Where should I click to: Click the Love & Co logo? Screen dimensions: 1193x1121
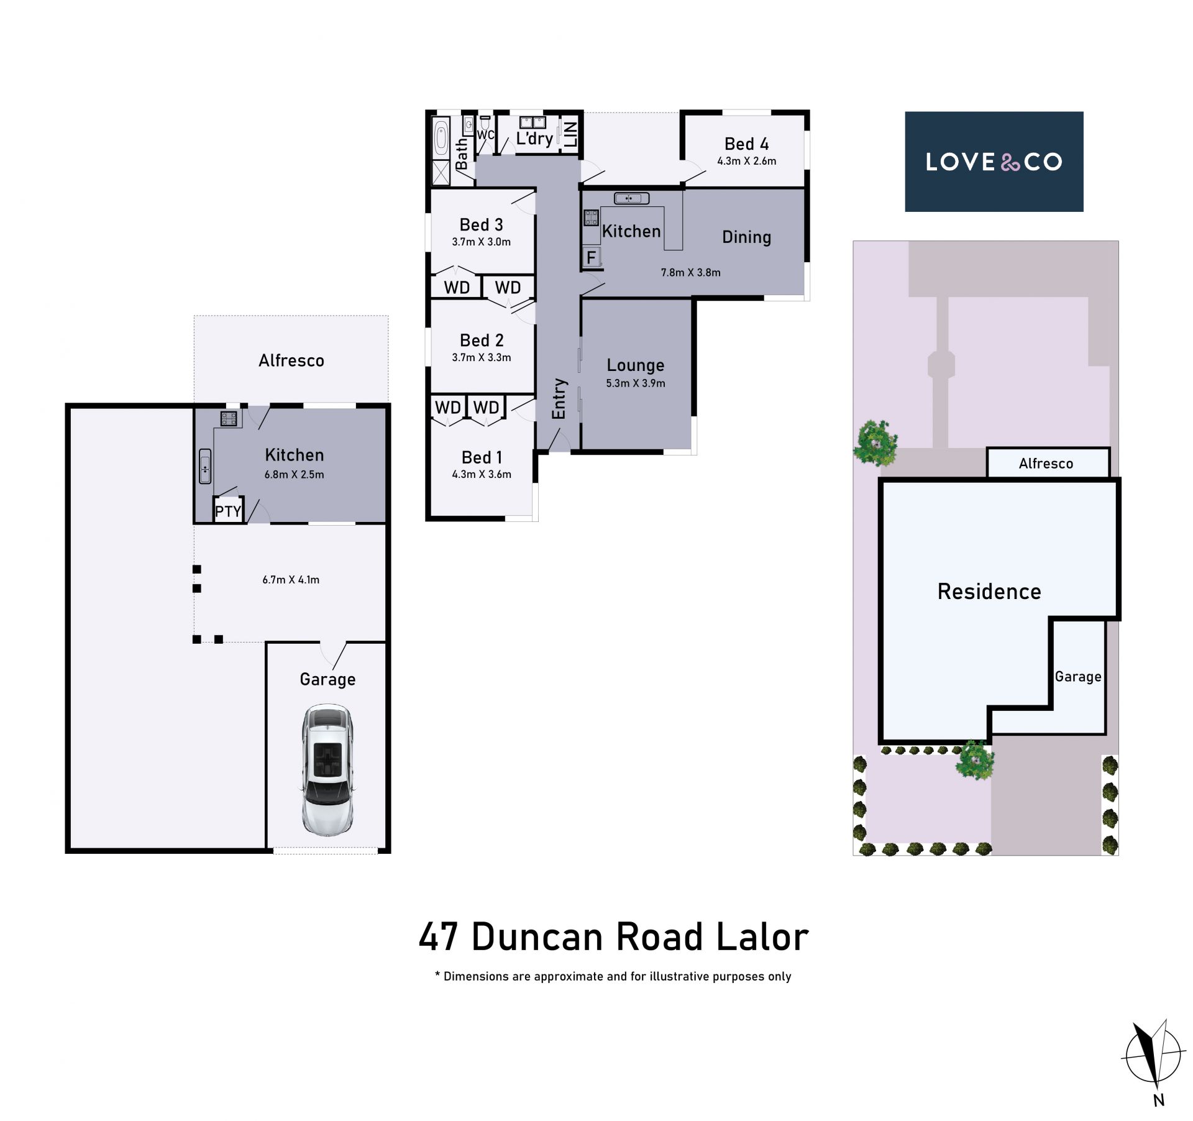click(x=994, y=162)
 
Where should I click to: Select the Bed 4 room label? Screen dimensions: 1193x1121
click(x=746, y=144)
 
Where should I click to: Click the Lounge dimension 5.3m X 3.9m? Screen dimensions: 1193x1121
click(x=636, y=383)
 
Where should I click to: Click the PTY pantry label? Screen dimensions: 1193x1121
click(x=227, y=511)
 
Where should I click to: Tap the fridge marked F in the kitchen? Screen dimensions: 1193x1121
click(x=592, y=257)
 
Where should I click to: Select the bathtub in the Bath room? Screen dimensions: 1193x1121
click(x=441, y=138)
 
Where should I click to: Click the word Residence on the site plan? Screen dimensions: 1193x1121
click(x=989, y=592)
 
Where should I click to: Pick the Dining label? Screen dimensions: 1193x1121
click(x=746, y=237)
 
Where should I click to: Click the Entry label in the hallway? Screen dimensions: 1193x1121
click(x=559, y=398)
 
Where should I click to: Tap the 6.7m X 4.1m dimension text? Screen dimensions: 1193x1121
click(x=291, y=580)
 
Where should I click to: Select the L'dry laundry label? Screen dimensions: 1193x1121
click(x=534, y=138)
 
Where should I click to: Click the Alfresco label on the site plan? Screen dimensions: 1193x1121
click(x=1046, y=464)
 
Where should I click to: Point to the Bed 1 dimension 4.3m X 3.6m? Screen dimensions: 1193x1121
click(x=482, y=475)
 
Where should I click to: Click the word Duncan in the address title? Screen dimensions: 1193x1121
click(x=538, y=937)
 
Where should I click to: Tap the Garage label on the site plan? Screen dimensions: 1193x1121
click(x=1078, y=677)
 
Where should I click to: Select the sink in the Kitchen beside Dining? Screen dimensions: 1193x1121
click(x=631, y=198)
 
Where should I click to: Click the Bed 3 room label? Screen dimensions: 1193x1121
click(x=481, y=225)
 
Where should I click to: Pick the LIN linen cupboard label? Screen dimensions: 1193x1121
click(x=570, y=134)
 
